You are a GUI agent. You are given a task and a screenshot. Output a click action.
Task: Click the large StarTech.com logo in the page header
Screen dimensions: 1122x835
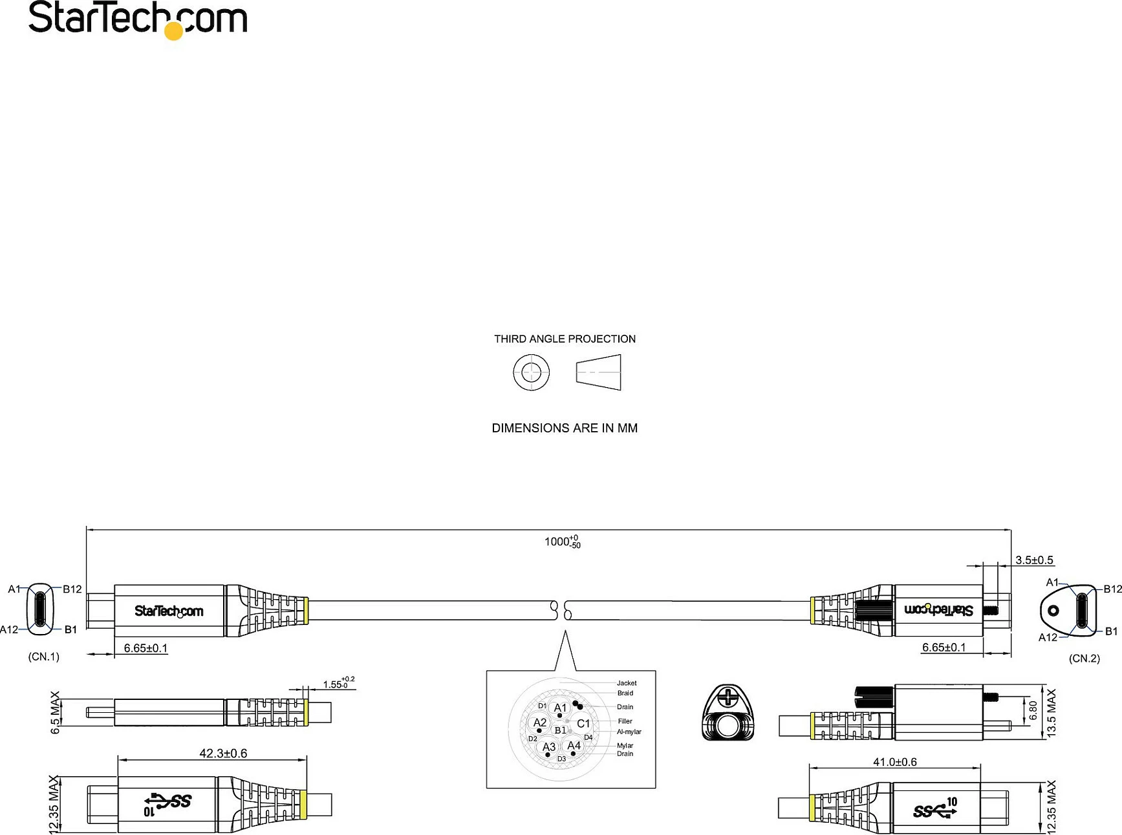[x=138, y=20]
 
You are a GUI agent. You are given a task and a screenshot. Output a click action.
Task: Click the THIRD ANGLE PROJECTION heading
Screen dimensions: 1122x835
[x=565, y=339]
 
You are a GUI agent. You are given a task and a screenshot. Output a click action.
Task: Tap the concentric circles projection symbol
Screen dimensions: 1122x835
[x=531, y=372]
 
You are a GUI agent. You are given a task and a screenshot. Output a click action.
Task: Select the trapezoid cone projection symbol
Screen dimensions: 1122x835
[x=598, y=372]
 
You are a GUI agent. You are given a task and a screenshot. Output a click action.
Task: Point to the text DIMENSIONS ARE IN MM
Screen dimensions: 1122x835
[x=565, y=428]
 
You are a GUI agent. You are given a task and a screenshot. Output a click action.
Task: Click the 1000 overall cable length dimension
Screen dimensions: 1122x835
[x=562, y=542]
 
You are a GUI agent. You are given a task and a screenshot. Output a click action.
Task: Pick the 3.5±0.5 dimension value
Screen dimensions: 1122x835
[x=1034, y=560]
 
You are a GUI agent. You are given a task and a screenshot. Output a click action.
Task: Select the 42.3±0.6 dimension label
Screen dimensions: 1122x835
[x=223, y=753]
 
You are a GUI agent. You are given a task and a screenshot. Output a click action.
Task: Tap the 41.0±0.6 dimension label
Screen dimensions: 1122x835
[x=895, y=762]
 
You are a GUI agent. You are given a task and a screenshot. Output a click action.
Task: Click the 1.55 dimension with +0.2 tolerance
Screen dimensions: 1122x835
[x=338, y=683]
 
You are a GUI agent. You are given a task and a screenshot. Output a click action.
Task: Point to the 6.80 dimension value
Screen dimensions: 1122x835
[x=1033, y=710]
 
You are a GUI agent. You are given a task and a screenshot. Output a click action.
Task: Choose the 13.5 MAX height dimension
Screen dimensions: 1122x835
[x=1051, y=713]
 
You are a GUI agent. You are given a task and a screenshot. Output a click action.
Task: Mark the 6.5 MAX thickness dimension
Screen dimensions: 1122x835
[x=55, y=712]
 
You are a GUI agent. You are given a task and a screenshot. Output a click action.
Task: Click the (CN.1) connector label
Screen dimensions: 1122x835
[x=43, y=657]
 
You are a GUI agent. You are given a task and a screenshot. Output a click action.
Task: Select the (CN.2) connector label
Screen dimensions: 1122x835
[x=1084, y=659]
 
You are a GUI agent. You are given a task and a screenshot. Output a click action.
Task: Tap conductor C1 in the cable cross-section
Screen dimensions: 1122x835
[x=583, y=724]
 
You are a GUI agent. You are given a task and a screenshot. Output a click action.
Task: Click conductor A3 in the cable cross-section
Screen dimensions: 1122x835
[x=548, y=747]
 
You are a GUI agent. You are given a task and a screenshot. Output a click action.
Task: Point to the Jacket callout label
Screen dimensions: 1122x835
[x=627, y=683]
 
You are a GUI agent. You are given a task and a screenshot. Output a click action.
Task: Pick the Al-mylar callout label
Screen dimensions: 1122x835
[x=629, y=732]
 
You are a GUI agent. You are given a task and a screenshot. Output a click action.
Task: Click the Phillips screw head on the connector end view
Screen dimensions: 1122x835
[x=728, y=697]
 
